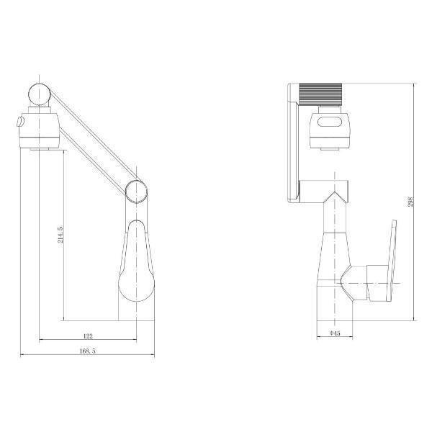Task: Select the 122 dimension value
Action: coord(87,336)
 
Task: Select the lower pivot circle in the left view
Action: coord(137,191)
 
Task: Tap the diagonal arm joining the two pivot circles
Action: coord(90,140)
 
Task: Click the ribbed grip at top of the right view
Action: coord(322,94)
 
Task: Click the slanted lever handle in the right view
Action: coord(391,259)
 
